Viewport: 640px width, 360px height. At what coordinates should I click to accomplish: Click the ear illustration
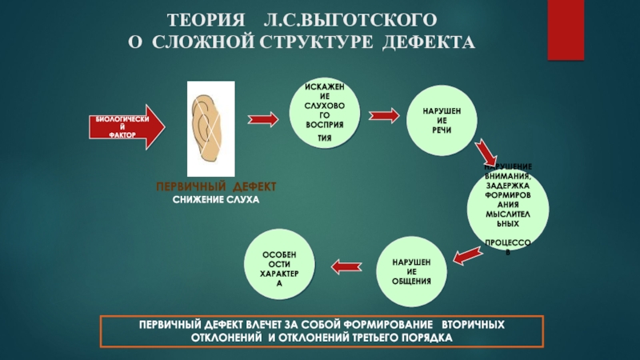click(x=211, y=128)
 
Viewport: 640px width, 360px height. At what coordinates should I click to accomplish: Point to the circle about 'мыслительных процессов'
click(x=508, y=205)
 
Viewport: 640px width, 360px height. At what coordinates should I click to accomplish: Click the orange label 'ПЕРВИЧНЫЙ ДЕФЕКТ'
click(x=217, y=186)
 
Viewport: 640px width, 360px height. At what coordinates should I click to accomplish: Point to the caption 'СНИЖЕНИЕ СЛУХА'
click(x=217, y=198)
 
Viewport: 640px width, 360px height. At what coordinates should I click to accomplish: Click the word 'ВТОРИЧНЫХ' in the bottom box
click(x=473, y=328)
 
